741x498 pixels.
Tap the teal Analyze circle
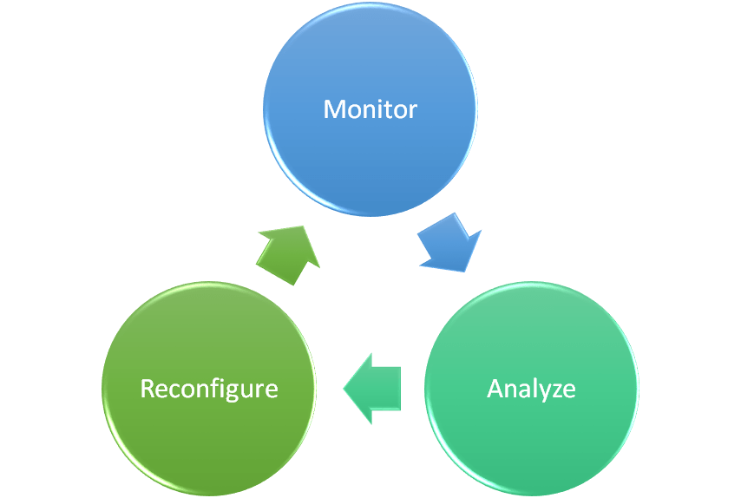(x=531, y=434)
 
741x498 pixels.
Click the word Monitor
(x=370, y=109)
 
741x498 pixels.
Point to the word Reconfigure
(x=209, y=388)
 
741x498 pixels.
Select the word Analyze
(x=531, y=388)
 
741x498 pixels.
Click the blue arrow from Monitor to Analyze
(x=449, y=244)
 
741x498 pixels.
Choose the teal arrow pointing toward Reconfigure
(x=375, y=388)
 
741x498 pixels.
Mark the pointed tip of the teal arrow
(x=346, y=388)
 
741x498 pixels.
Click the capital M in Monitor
(x=333, y=109)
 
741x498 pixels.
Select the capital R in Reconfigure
(x=147, y=388)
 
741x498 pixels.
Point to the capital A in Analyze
(x=495, y=388)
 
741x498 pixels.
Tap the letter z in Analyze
(x=556, y=390)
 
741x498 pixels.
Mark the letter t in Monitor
(x=388, y=110)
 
